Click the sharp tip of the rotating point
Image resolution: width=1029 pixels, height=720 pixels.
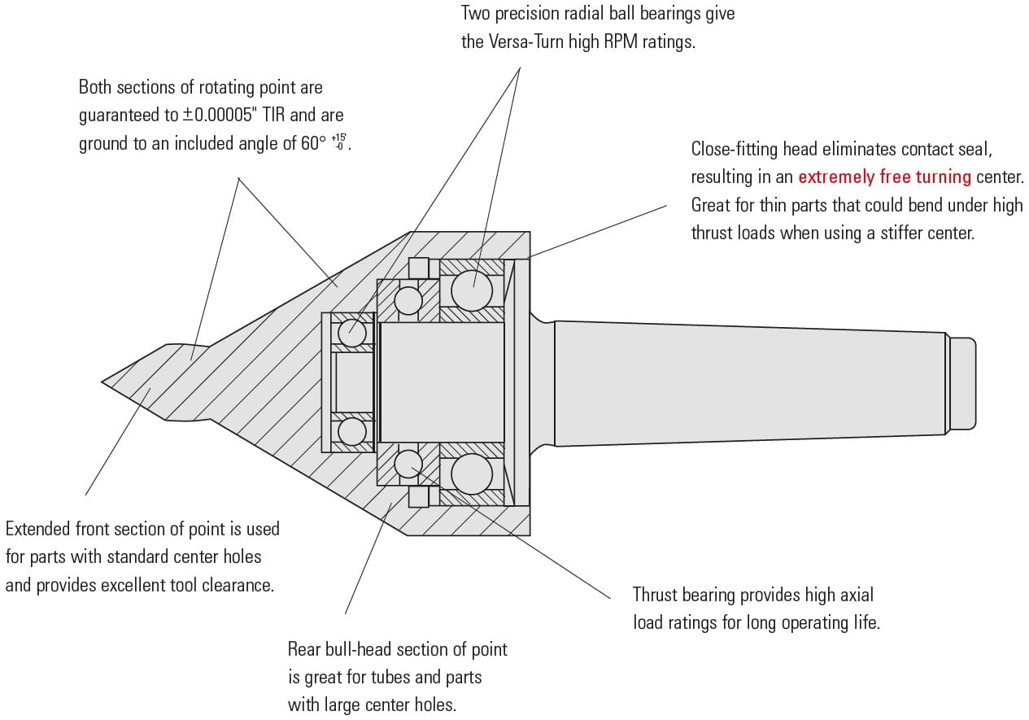point(103,381)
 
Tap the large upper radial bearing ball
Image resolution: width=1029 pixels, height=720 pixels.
point(472,290)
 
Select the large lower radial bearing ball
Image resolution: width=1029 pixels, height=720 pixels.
point(472,474)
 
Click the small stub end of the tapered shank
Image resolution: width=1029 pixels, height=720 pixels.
point(961,382)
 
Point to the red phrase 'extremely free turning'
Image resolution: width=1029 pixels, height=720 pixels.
point(884,177)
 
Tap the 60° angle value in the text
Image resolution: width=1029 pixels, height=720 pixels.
point(312,143)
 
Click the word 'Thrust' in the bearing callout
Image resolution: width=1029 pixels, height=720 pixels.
point(656,595)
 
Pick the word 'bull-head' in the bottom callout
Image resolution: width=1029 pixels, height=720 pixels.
point(359,649)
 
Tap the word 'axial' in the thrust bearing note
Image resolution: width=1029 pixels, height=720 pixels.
point(853,595)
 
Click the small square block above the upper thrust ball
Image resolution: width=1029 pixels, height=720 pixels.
point(418,268)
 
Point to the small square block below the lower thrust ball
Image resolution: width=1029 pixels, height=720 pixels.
point(418,496)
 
